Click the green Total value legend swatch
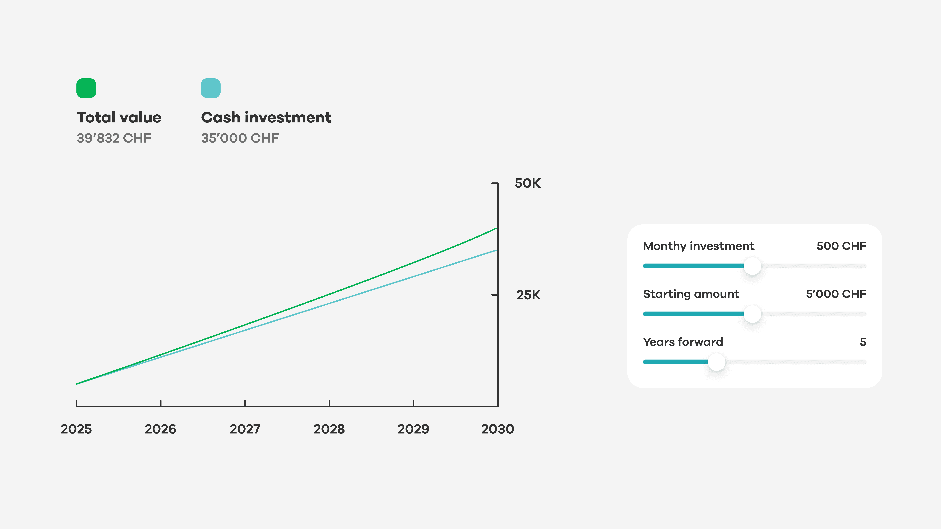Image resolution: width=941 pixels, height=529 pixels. coord(86,88)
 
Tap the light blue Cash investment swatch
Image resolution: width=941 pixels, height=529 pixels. coord(211,88)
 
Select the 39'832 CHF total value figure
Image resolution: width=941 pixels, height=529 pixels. coord(114,138)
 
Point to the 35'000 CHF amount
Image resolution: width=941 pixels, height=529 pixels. coord(240,138)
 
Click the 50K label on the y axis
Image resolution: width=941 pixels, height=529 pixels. coord(527,183)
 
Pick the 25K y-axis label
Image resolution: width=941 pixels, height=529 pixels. coord(528,295)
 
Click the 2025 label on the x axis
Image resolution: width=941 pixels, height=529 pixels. coord(76,429)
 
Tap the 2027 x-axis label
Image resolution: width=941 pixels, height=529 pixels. coord(245,429)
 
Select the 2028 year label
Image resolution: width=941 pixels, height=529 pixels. coord(329,429)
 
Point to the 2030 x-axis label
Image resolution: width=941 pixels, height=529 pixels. coord(498,429)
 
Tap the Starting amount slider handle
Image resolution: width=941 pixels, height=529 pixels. coord(752,314)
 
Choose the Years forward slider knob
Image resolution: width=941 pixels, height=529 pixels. coord(716,362)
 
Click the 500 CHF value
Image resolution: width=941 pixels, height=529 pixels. coord(841,246)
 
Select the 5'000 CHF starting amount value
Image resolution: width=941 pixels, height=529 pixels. coord(836,294)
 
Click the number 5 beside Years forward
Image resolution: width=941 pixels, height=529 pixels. coord(863,342)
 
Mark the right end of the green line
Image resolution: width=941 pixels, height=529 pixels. coord(496,228)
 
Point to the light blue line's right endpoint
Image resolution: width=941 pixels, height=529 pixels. coord(496,250)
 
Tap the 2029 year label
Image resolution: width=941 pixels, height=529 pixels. coord(413,429)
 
